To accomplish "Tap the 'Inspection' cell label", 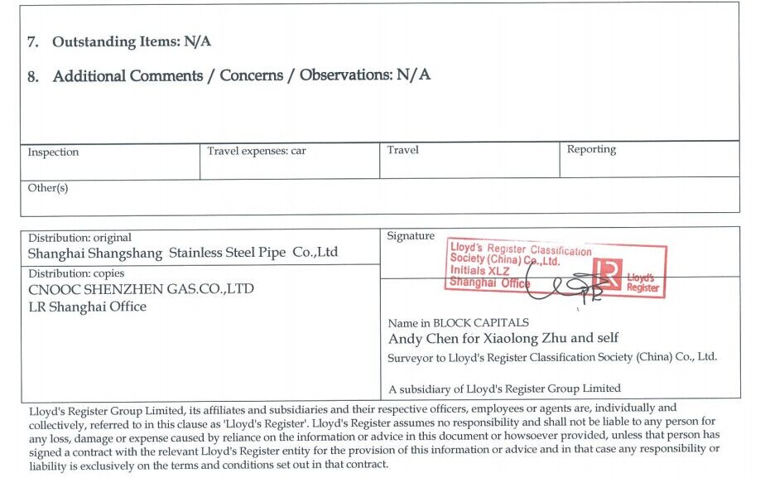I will pos(53,152).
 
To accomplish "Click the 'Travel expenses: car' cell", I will pos(257,151).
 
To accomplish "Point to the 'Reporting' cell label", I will pos(591,150).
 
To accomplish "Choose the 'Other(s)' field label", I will pos(48,188).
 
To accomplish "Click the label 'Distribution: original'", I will pos(79,238).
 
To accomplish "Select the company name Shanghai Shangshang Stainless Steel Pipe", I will pos(183,253).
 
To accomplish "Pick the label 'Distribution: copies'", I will pos(76,273).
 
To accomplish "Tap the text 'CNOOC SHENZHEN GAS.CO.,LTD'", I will pos(141,289).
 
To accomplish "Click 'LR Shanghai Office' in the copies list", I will pos(87,307).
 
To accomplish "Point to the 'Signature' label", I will pos(411,236).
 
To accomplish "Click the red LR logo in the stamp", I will pos(609,273).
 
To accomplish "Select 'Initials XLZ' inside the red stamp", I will pos(480,271).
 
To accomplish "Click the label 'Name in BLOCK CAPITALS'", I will pos(458,323).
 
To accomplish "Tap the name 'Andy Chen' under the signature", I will pos(418,338).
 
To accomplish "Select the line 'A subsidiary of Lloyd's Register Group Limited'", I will pos(504,388).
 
